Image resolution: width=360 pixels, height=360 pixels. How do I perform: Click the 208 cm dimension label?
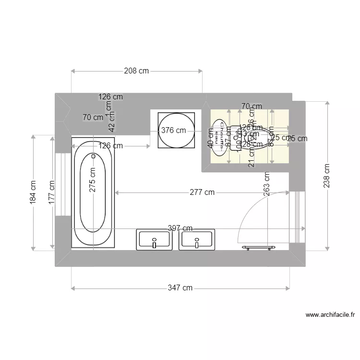click(136, 71)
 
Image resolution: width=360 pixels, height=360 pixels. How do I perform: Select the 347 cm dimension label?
click(180, 288)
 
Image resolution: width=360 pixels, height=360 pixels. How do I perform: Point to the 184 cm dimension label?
click(33, 192)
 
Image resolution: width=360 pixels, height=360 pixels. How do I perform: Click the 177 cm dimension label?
click(52, 192)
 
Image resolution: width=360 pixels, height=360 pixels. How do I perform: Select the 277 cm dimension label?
click(202, 192)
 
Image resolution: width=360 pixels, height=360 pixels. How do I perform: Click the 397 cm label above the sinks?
click(180, 228)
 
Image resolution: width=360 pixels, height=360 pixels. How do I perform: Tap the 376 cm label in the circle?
click(173, 130)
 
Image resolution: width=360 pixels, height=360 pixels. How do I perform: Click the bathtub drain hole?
click(94, 156)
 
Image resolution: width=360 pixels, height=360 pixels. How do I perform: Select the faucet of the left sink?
click(155, 243)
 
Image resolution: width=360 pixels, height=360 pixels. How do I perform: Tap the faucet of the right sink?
click(197, 243)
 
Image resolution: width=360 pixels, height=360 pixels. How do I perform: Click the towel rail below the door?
click(259, 248)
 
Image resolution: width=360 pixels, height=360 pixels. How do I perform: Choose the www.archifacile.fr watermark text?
click(330, 315)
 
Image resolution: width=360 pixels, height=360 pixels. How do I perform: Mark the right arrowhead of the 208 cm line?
click(201, 71)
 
